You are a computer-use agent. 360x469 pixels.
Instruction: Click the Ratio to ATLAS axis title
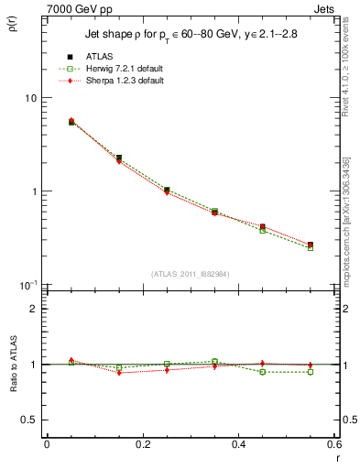point(12,364)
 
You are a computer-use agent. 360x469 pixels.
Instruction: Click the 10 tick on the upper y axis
point(29,98)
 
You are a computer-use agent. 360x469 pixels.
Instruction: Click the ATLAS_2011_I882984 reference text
point(191,274)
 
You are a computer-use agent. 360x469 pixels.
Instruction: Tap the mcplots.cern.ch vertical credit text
point(349,248)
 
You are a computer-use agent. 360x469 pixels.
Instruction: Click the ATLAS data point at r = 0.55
point(311,245)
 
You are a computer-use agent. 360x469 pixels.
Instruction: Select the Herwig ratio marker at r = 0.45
point(263,372)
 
